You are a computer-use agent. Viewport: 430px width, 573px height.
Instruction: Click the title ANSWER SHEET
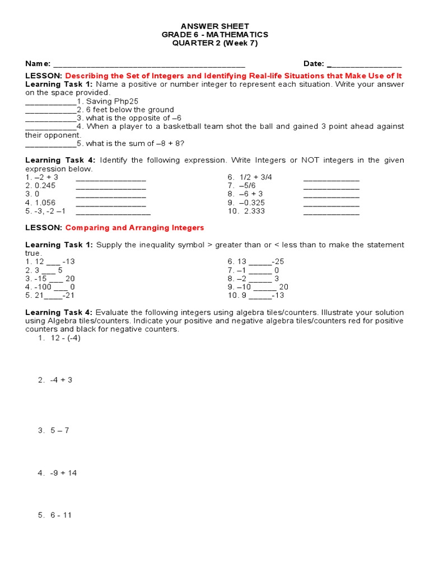click(215, 26)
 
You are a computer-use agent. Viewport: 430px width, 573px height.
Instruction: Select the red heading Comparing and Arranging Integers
click(134, 228)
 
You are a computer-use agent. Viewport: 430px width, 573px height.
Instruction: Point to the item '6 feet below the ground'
click(129, 110)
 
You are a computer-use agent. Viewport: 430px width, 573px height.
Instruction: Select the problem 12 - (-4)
click(66, 338)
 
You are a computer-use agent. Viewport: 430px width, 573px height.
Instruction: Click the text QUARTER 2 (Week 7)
click(215, 43)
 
